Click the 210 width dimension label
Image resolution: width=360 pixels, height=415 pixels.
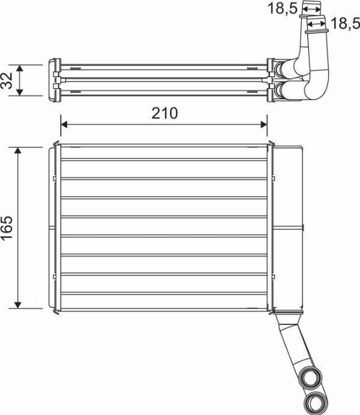coord(164,113)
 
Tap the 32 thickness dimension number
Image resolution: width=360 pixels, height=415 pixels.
coord(8,80)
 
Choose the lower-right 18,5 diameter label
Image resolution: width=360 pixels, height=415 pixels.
coord(344,24)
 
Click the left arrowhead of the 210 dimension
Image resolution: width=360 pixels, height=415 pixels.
coord(64,124)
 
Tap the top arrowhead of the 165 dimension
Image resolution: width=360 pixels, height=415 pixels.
coord(19,150)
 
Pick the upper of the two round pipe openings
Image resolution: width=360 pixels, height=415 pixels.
coord(311,378)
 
